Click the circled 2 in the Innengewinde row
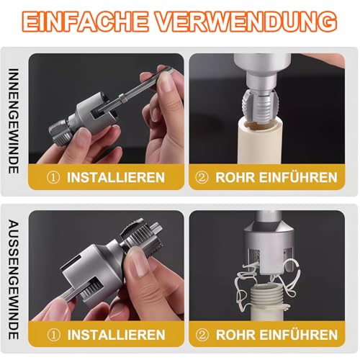tap(204, 177)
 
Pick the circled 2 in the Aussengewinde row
tap(204, 336)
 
